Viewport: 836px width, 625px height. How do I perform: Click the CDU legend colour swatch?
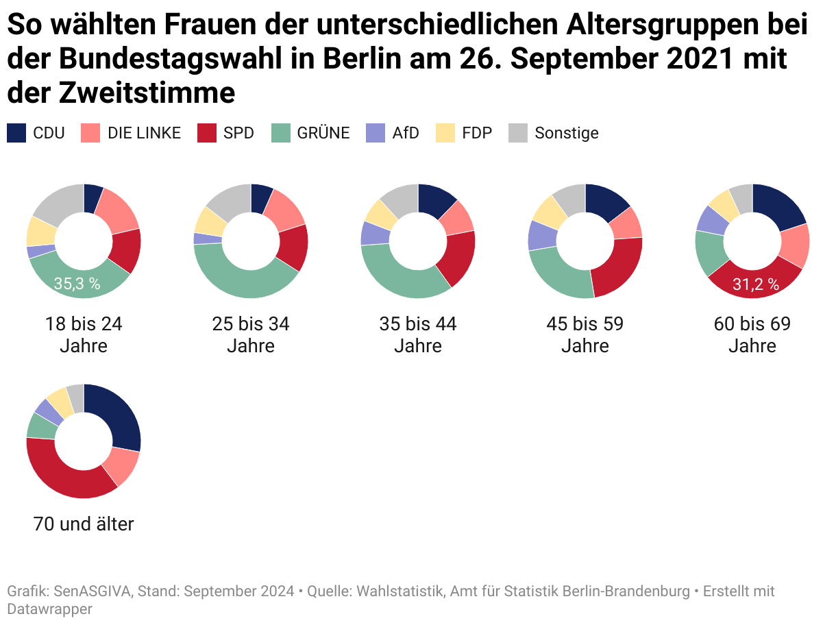tap(16, 133)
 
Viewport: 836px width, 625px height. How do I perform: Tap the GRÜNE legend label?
tap(323, 133)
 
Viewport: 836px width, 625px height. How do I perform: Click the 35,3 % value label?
tap(77, 284)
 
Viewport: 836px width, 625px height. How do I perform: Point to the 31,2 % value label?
tap(756, 284)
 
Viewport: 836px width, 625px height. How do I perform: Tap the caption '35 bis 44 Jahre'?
tap(418, 334)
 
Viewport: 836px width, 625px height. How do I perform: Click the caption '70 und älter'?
tap(84, 525)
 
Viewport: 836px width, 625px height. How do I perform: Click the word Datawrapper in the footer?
tap(49, 609)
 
